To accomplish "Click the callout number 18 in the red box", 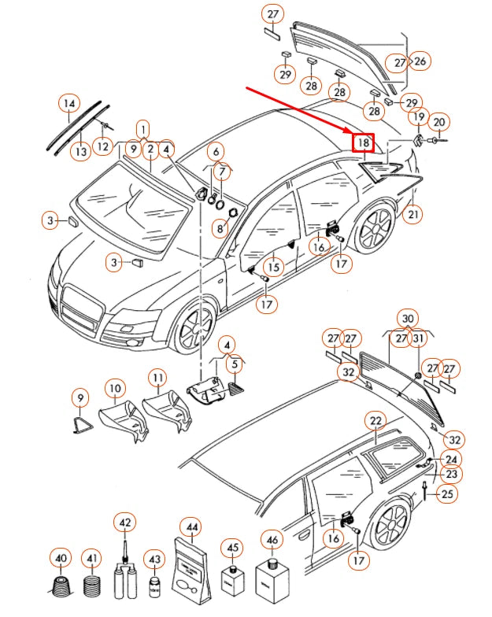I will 364,142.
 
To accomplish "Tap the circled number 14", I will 70,103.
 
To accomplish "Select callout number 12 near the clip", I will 102,146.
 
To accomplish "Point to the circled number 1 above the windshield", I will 142,128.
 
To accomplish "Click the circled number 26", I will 420,61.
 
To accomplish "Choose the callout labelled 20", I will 439,121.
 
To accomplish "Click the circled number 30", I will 407,318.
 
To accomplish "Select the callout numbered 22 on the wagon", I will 376,421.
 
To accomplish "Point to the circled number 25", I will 446,494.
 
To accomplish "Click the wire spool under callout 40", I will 60,586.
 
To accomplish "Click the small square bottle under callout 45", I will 232,582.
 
